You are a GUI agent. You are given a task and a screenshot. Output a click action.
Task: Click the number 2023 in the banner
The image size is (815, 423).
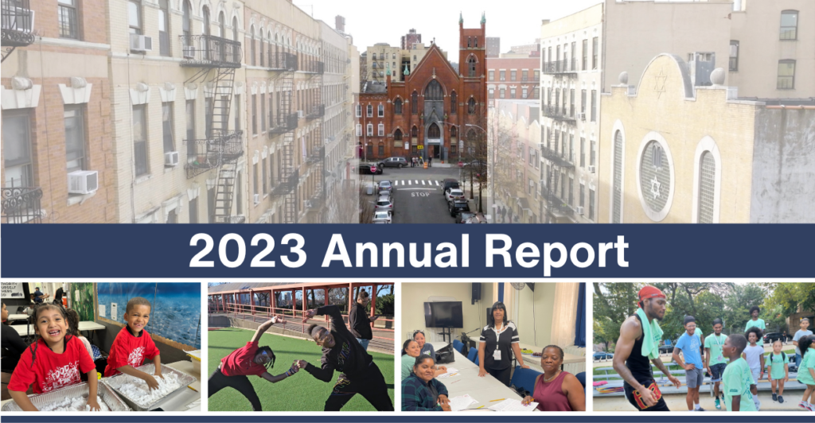(x=248, y=250)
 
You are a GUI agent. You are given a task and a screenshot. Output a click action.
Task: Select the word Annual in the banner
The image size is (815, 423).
(x=396, y=250)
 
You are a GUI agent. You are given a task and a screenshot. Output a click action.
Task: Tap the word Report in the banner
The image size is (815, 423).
(x=556, y=254)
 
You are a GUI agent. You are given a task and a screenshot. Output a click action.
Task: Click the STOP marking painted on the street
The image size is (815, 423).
(x=420, y=194)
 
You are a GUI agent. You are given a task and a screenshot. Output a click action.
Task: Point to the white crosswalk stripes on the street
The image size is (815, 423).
(x=415, y=183)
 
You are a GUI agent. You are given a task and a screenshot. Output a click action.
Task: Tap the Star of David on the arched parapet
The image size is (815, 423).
(x=661, y=83)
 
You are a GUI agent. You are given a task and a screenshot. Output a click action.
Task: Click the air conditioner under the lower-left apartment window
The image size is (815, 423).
(x=82, y=181)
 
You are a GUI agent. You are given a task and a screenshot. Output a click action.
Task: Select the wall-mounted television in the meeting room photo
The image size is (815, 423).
(x=443, y=315)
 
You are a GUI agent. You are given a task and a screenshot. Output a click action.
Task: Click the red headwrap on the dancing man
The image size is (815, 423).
(x=651, y=293)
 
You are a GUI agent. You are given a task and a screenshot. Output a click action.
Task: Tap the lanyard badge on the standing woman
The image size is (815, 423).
(x=497, y=354)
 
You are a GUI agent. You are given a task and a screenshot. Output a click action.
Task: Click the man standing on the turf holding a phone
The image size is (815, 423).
(x=361, y=319)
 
